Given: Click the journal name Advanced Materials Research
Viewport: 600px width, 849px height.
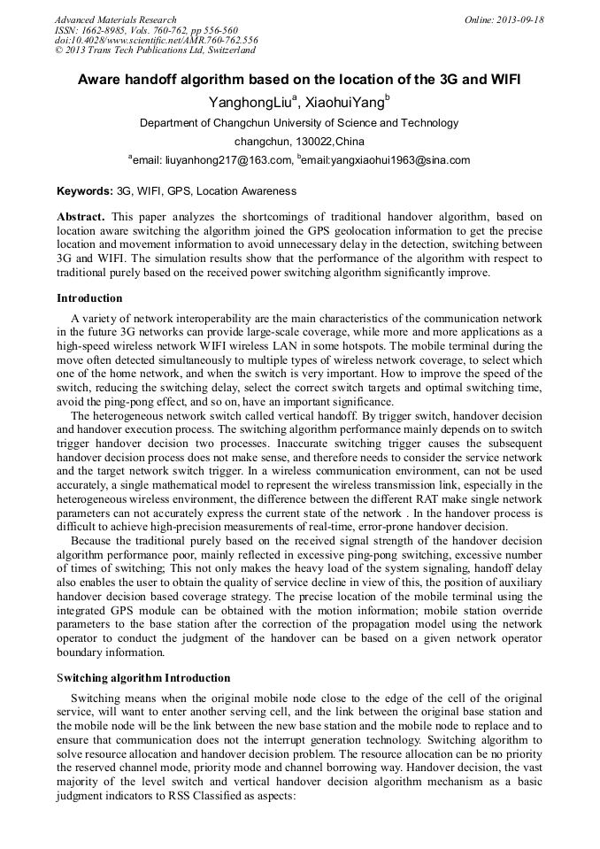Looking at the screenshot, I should click(x=115, y=19).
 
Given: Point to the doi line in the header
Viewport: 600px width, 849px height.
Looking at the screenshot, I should click(x=156, y=41).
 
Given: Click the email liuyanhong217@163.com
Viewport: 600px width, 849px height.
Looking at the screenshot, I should click(x=212, y=160).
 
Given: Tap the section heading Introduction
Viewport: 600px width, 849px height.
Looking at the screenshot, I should click(x=89, y=298).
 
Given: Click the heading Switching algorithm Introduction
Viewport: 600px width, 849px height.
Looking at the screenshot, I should click(x=143, y=678).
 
